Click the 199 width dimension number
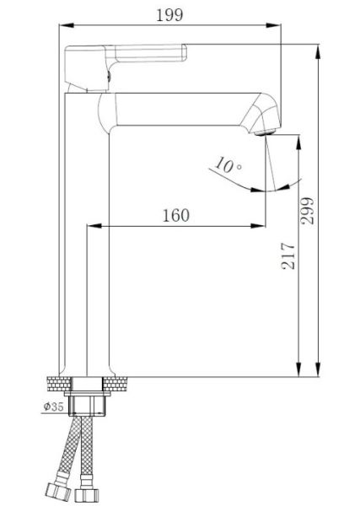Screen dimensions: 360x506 point(169,15)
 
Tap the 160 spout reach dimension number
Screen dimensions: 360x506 point(176,216)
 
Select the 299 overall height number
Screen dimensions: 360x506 point(307,211)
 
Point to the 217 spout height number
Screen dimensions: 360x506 point(288,256)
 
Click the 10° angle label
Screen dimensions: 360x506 point(228,164)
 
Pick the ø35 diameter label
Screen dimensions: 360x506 point(54,406)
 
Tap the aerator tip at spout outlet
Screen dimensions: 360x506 point(265,132)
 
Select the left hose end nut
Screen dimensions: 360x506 point(58,492)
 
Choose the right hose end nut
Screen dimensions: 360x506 point(87,495)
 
